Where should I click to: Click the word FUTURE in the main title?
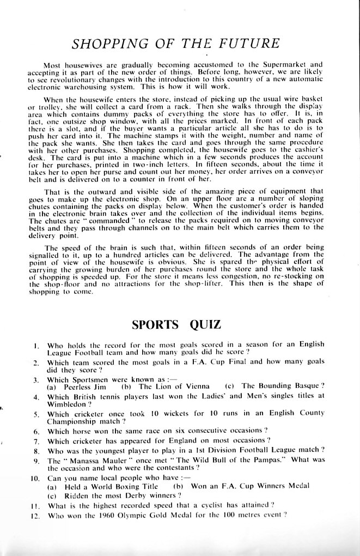pyautogui.click(x=248, y=44)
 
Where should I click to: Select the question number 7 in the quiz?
pyautogui.click(x=36, y=441)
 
